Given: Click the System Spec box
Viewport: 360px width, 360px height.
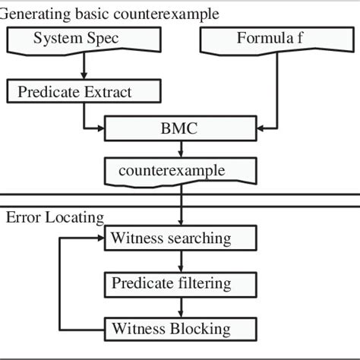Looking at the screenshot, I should (x=85, y=39).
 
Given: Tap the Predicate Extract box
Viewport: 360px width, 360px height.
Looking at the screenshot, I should (x=84, y=93).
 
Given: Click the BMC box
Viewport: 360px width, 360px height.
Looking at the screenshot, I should (x=179, y=128).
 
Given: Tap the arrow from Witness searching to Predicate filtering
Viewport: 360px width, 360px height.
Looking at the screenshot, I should (x=180, y=261).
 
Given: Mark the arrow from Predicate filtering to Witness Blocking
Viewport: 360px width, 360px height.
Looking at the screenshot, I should (x=180, y=306).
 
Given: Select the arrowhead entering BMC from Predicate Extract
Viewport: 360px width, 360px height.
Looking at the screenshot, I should (x=99, y=128).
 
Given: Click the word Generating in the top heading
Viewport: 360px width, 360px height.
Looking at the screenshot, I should (x=33, y=13).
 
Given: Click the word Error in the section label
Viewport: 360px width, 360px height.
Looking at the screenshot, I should (x=22, y=218).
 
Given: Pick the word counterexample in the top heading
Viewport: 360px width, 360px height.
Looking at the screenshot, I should (x=174, y=13).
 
